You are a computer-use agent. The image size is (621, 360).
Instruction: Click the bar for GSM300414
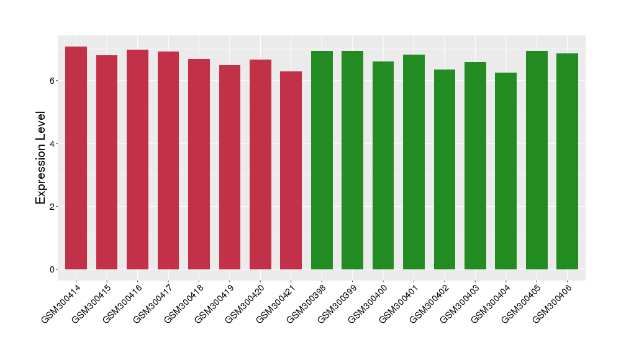[76, 158]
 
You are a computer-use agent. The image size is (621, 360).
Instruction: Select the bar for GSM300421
[291, 170]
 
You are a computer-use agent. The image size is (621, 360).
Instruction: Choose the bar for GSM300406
[567, 161]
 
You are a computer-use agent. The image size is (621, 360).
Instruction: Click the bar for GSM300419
[229, 167]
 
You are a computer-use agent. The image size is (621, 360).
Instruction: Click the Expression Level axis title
[41, 158]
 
